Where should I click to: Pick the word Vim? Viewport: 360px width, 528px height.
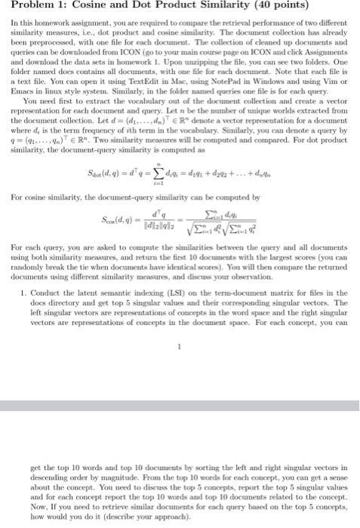click(337, 82)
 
